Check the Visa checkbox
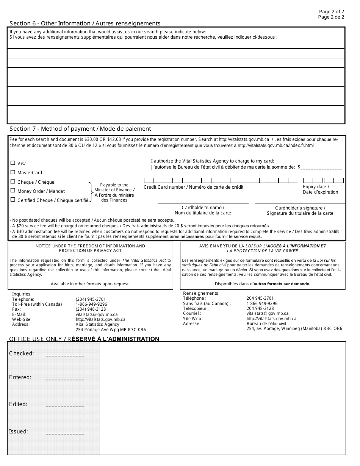(x=13, y=163)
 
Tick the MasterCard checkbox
(x=13, y=172)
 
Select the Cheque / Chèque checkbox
(x=13, y=181)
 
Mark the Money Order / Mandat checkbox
(x=13, y=191)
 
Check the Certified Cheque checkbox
(x=13, y=200)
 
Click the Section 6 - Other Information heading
(x=85, y=23)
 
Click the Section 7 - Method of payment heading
(x=80, y=129)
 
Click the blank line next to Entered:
(x=65, y=379)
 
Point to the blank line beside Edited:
(x=65, y=407)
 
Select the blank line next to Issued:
(x=65, y=433)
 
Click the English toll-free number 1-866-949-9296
(x=91, y=304)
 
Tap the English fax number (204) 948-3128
(x=91, y=309)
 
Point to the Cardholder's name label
(x=203, y=208)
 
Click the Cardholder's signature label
(x=300, y=208)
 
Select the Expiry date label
(x=316, y=187)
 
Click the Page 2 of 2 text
(x=332, y=12)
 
